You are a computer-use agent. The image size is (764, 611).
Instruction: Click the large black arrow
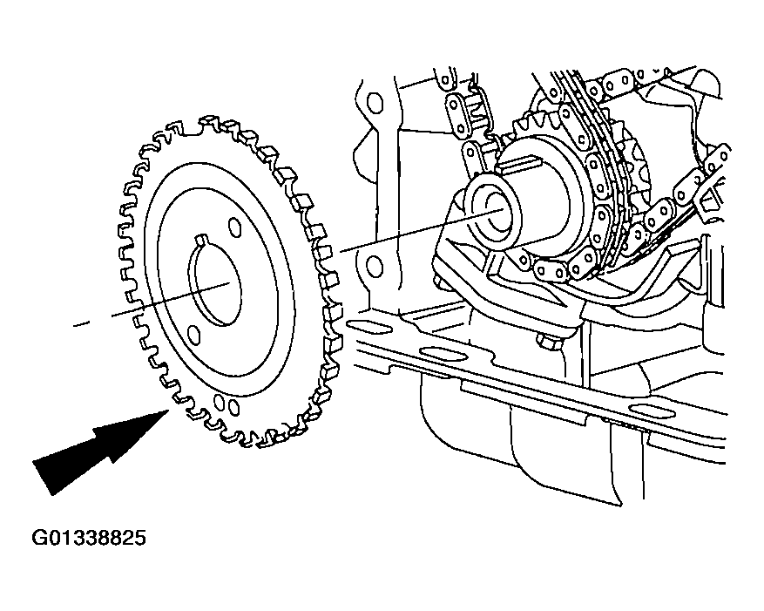(x=98, y=449)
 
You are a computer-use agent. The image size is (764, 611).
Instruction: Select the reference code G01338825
(x=89, y=538)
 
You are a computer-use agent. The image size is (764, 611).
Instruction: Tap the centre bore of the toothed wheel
(x=215, y=282)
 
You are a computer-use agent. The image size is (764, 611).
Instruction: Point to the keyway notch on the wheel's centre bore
(x=199, y=240)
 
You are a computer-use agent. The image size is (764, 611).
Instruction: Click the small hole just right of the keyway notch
(x=234, y=228)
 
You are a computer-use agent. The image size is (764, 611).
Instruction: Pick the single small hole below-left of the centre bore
(x=193, y=334)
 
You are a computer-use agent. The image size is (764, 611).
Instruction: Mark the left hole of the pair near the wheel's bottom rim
(x=220, y=401)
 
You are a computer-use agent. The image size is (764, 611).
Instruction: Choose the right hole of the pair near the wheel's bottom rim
(x=233, y=406)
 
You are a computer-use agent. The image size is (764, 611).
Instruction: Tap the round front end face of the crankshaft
(x=492, y=211)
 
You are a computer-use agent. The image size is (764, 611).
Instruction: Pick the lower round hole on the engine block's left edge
(x=375, y=266)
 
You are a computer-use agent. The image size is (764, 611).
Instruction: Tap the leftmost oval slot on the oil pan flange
(x=360, y=325)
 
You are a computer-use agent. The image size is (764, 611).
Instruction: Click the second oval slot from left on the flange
(x=436, y=352)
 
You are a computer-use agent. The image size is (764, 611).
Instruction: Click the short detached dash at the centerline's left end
(x=81, y=323)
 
